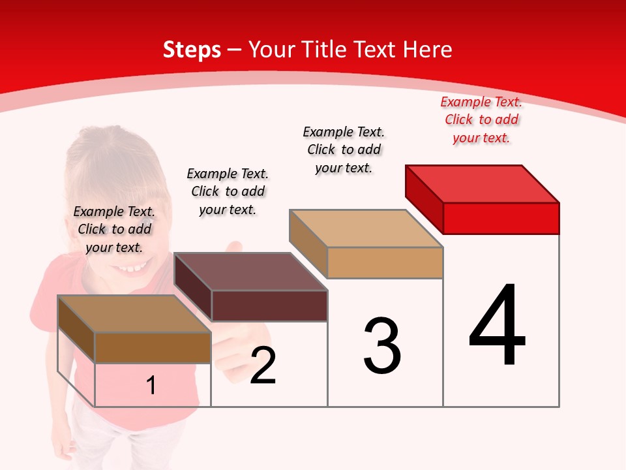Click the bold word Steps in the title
pos(192,50)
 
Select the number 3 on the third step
pos(382,346)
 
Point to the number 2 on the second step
pos(263,366)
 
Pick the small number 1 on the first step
pos(151,386)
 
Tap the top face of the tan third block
pos(366,228)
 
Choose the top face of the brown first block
pos(134,314)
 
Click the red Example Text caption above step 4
pos(481,120)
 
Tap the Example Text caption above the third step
pos(344,149)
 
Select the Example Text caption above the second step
pos(228,191)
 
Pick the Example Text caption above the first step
pos(114,229)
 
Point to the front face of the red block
pos(501,218)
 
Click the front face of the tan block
pos(385,263)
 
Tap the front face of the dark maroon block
pos(269,305)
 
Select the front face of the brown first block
pos(153,348)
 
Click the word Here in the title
pos(428,50)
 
